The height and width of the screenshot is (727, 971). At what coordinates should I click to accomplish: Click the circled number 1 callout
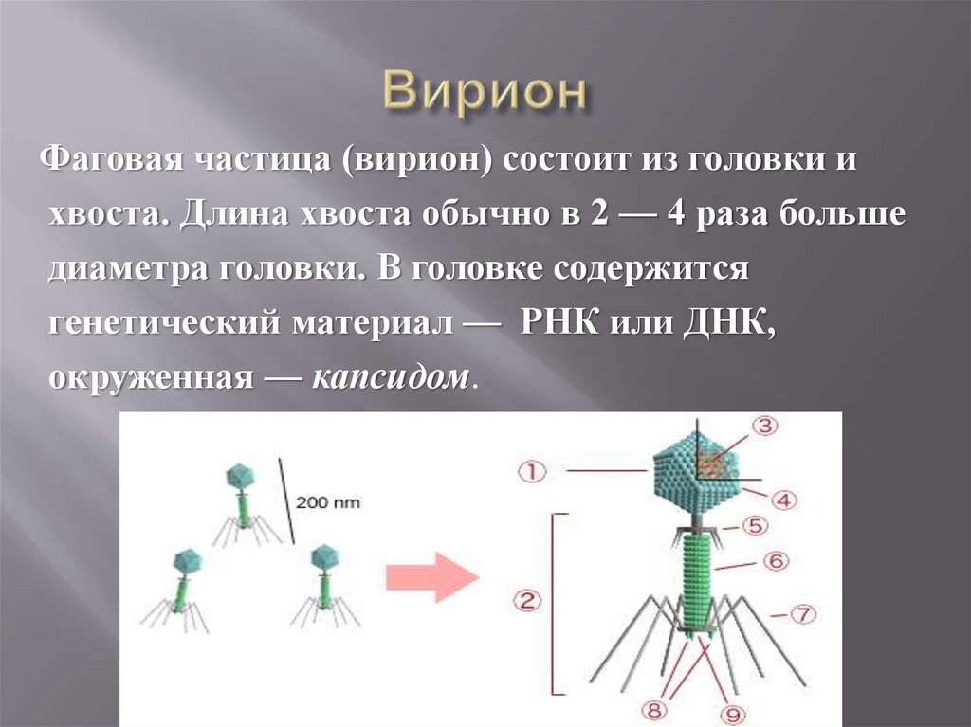pos(534,469)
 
